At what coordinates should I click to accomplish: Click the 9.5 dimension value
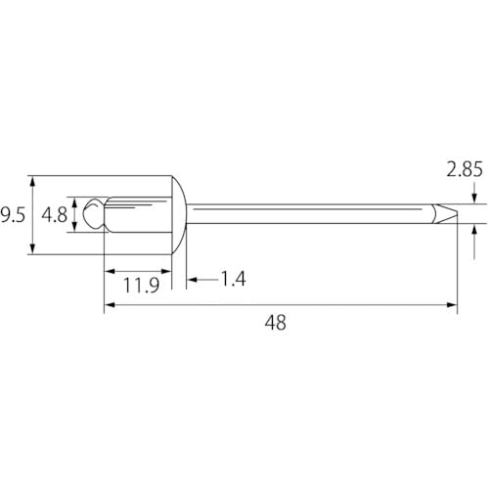(12, 214)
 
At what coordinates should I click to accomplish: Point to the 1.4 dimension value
(231, 280)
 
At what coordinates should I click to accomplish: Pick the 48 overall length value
(277, 324)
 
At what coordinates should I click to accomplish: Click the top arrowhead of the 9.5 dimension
(33, 182)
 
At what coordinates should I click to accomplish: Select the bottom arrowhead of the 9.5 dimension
(33, 249)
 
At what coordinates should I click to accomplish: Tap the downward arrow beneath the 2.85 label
(474, 198)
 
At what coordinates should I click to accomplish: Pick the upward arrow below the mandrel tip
(474, 229)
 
